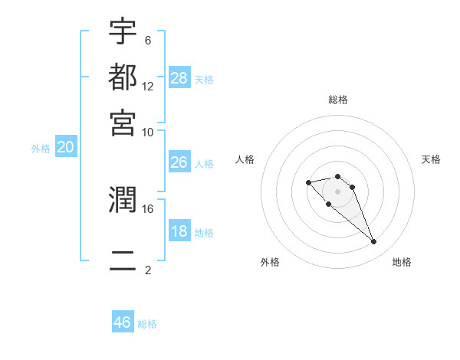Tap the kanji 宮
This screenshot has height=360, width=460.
click(123, 122)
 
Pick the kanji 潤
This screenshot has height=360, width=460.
click(123, 200)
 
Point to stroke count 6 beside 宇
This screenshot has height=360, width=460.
click(147, 40)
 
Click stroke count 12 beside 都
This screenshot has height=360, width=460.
click(147, 86)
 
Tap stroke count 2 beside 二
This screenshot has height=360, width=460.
click(147, 270)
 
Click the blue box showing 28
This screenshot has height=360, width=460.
click(179, 78)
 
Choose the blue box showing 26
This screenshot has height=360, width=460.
click(179, 162)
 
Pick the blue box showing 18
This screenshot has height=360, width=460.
click(179, 231)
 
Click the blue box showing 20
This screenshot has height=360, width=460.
click(65, 148)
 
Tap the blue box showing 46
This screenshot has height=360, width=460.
click(123, 322)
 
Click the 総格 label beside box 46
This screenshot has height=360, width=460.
click(147, 324)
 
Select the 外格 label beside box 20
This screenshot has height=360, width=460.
click(41, 149)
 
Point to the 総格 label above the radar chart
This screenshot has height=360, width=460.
click(337, 100)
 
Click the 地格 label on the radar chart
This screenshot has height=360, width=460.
click(402, 263)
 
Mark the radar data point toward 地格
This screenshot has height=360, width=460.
click(373, 242)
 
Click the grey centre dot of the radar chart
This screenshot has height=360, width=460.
click(337, 191)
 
